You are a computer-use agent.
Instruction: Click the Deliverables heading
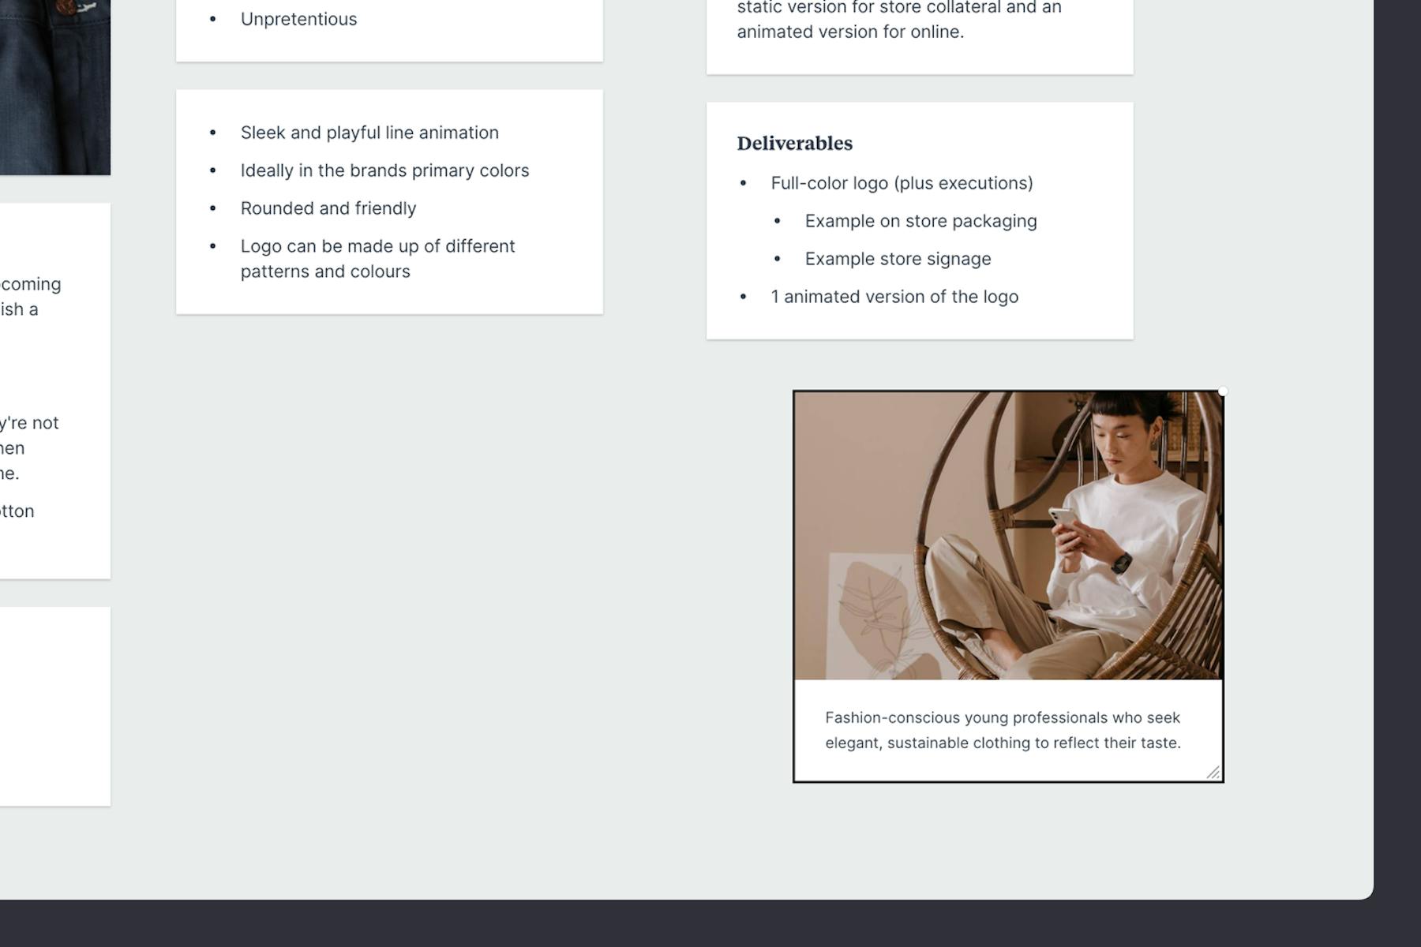point(794,144)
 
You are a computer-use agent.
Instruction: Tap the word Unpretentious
point(298,19)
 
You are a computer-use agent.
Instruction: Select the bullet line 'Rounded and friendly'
point(328,208)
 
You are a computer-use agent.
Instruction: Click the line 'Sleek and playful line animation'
point(369,133)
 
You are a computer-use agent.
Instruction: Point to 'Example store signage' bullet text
point(898,259)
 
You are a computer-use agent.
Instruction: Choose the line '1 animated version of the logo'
point(894,297)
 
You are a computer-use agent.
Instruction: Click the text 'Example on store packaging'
point(920,221)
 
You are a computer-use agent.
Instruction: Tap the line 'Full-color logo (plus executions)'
point(902,183)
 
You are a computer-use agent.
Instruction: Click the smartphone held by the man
point(1062,518)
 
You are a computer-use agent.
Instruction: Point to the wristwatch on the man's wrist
point(1122,563)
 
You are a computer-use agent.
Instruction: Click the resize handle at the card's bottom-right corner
point(1213,772)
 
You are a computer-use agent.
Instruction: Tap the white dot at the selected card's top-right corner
point(1222,391)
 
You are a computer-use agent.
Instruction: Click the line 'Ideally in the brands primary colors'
point(384,170)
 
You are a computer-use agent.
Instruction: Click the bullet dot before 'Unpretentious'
point(212,19)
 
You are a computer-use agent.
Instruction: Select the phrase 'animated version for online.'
point(850,32)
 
